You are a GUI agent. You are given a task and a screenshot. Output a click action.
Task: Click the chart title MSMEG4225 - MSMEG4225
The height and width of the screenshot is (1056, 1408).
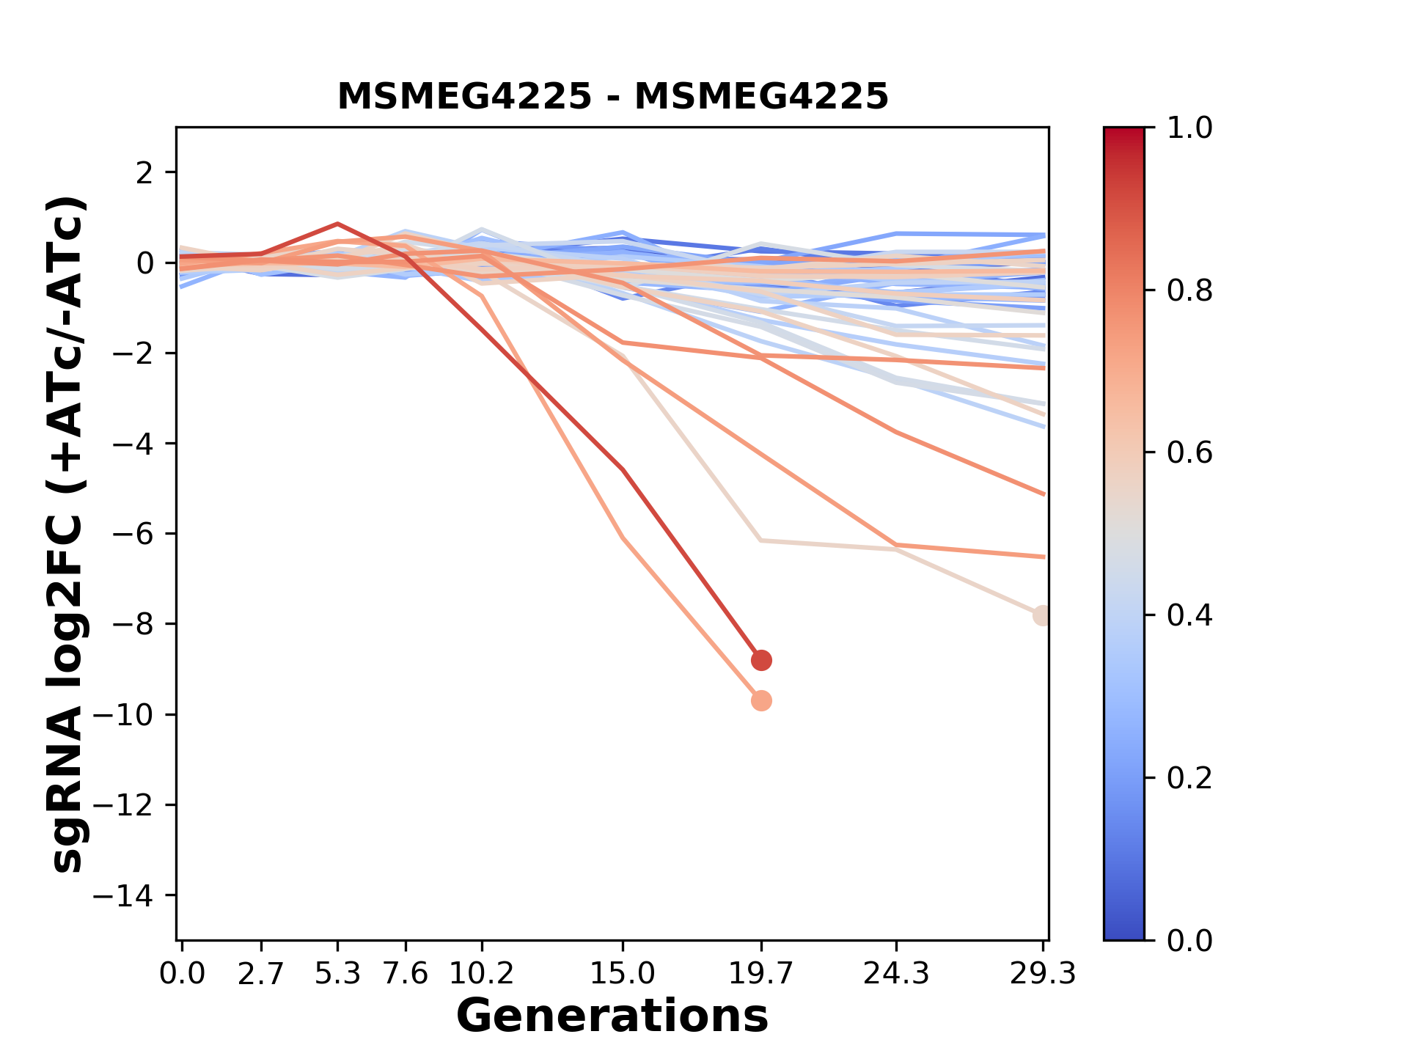click(612, 97)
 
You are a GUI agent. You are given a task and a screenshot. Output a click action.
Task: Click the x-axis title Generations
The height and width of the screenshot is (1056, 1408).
click(612, 1016)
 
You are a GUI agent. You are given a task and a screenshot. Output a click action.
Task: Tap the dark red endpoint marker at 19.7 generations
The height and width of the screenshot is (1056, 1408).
click(761, 660)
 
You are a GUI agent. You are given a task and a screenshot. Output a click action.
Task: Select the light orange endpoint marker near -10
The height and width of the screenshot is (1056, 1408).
click(761, 700)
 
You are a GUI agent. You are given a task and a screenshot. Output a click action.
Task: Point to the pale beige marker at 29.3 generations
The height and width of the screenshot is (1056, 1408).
click(1042, 615)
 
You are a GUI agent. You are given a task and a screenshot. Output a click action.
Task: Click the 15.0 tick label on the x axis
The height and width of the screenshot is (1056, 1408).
click(622, 974)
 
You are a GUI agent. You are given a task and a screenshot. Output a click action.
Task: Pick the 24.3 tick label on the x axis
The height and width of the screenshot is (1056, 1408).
click(895, 974)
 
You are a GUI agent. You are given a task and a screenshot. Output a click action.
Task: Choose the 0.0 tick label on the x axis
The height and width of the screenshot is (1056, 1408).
click(183, 974)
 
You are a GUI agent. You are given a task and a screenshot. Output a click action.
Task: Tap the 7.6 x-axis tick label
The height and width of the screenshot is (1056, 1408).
click(406, 974)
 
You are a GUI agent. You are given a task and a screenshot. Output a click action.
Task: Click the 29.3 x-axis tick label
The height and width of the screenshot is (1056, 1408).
click(1042, 974)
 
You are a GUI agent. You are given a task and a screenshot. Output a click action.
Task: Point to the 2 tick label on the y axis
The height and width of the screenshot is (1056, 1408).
click(144, 172)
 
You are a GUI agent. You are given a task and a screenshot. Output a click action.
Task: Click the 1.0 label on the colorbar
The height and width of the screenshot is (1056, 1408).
click(1189, 128)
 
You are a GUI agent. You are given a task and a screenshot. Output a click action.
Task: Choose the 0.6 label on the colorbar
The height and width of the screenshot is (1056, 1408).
click(1189, 452)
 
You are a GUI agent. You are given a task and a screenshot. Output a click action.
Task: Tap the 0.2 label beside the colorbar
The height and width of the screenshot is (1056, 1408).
click(1189, 777)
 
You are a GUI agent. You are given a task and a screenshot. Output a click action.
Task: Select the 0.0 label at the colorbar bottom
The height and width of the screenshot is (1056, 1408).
click(1189, 940)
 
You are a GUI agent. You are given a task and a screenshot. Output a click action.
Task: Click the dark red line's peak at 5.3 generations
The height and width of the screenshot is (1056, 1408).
click(337, 224)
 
